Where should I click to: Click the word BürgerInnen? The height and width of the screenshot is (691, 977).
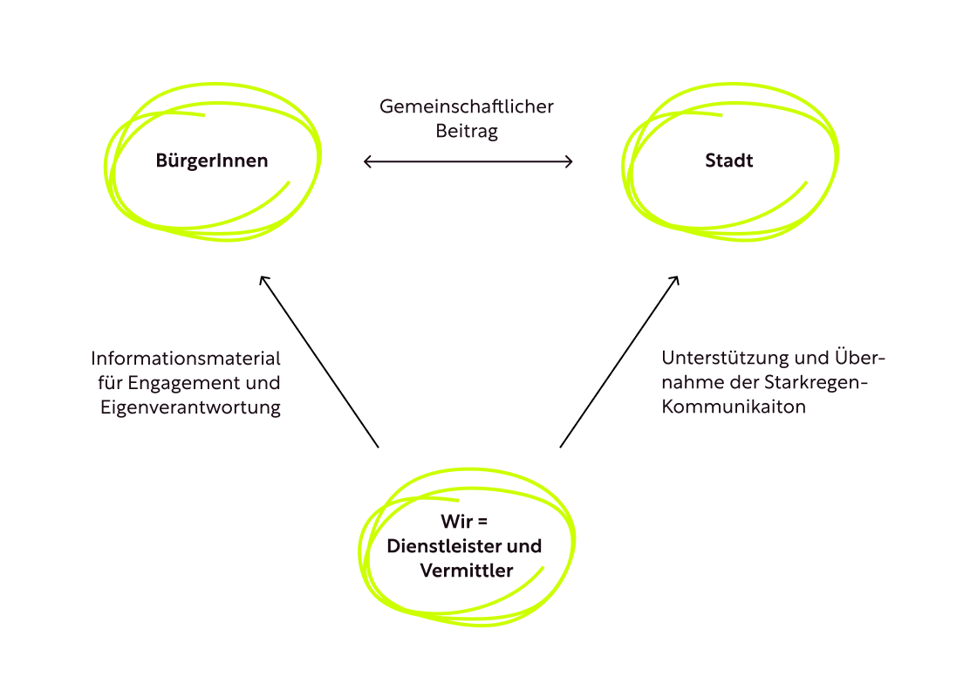tap(212, 161)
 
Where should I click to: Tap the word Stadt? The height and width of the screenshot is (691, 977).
tap(729, 161)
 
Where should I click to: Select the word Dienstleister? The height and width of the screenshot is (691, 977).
tap(443, 547)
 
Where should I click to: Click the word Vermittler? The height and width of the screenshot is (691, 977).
tap(466, 571)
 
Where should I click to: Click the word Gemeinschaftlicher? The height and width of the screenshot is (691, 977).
tap(467, 106)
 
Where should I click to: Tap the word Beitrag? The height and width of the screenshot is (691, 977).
tap(467, 131)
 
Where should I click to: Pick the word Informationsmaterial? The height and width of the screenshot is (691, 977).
tap(186, 359)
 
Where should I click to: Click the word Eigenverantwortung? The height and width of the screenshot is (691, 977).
tap(191, 407)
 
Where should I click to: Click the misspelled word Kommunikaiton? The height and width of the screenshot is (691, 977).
tap(734, 407)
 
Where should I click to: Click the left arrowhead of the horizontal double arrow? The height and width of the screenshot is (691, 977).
tap(366, 161)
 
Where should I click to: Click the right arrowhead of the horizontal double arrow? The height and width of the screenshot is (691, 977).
tap(570, 161)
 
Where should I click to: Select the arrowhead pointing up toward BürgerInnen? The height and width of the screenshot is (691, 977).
tap(263, 280)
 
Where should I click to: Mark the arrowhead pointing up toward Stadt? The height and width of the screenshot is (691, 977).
tap(676, 280)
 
